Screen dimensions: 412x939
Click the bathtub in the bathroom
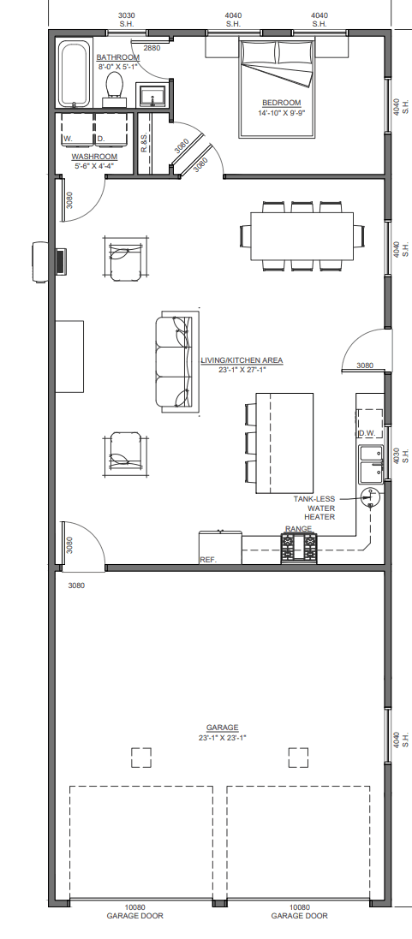pyautogui.click(x=75, y=73)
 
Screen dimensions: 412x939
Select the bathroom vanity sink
pyautogui.click(x=154, y=96)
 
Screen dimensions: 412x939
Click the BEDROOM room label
pyautogui.click(x=282, y=103)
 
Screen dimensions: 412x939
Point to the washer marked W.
pyautogui.click(x=76, y=128)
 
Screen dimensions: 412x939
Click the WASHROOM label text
pyautogui.click(x=94, y=157)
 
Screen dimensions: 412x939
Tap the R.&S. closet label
pyautogui.click(x=144, y=143)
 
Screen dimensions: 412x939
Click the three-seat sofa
pyautogui.click(x=177, y=362)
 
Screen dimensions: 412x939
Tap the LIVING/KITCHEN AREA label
pyautogui.click(x=242, y=360)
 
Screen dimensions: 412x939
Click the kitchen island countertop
pyautogui.click(x=285, y=443)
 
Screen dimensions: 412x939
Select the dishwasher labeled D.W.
pyautogui.click(x=371, y=424)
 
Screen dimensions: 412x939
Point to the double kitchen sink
pyautogui.click(x=371, y=464)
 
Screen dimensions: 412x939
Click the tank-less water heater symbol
pyautogui.click(x=371, y=496)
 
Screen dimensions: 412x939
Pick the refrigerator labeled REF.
pyautogui.click(x=220, y=547)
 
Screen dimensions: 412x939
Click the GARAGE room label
pyautogui.click(x=222, y=728)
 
